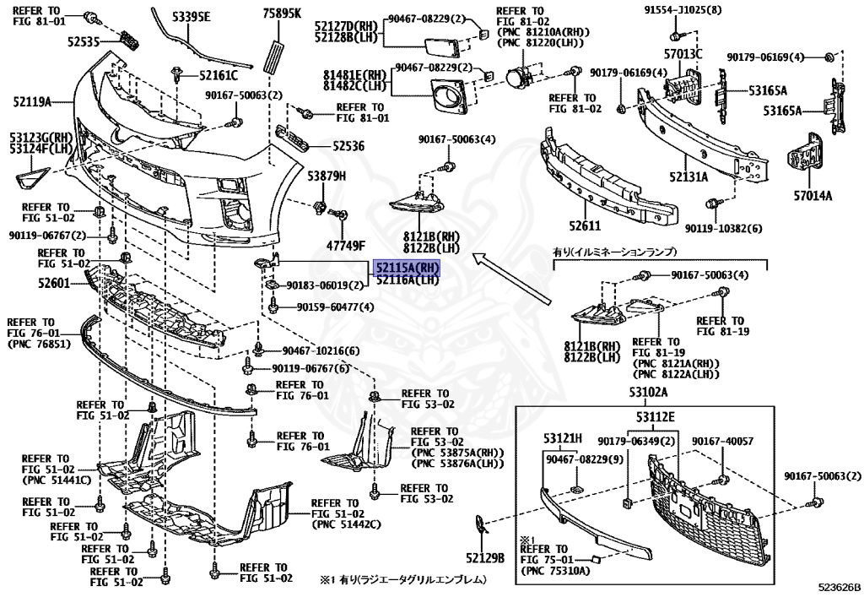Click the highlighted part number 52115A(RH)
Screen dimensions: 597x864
pos(408,267)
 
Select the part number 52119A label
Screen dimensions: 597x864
pos(32,103)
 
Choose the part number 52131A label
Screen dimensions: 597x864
pos(688,177)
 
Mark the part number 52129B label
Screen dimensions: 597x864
pos(484,557)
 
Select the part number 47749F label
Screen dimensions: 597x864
pos(346,245)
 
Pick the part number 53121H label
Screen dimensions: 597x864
pos(563,437)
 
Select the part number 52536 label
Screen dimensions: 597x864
pos(348,145)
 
